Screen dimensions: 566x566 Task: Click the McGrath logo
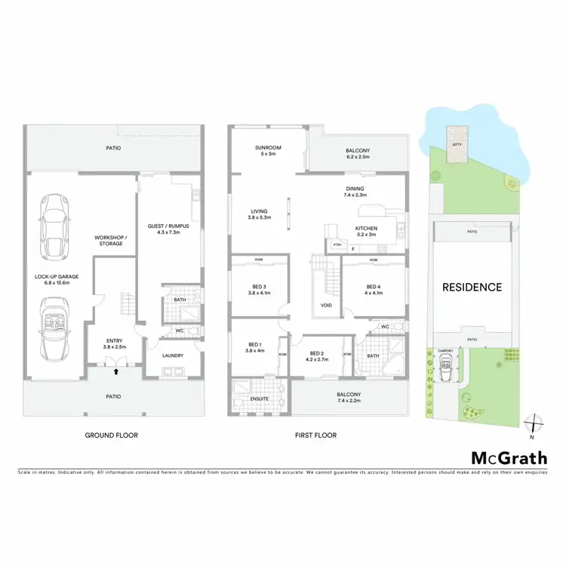[x=503, y=458]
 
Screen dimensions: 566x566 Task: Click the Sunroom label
[x=268, y=150]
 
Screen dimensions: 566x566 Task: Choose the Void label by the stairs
[x=326, y=306]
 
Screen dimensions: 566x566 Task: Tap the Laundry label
[x=174, y=355]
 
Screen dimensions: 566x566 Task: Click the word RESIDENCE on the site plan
[x=472, y=287]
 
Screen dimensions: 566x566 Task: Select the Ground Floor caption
[x=112, y=435]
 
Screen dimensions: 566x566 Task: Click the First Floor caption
[x=316, y=435]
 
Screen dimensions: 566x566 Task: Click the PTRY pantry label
[x=337, y=245]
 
